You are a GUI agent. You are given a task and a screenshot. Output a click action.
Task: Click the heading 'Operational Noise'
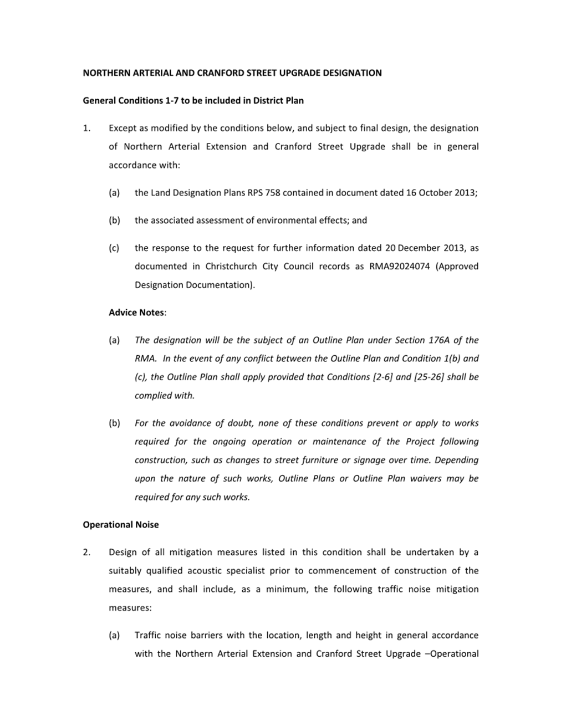[120, 525]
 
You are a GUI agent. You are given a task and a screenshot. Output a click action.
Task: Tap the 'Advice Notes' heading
[136, 313]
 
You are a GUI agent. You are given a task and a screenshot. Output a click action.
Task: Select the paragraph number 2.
[86, 553]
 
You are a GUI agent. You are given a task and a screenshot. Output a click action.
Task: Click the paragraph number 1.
[86, 128]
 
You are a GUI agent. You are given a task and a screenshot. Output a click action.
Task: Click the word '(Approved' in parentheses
[457, 267]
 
